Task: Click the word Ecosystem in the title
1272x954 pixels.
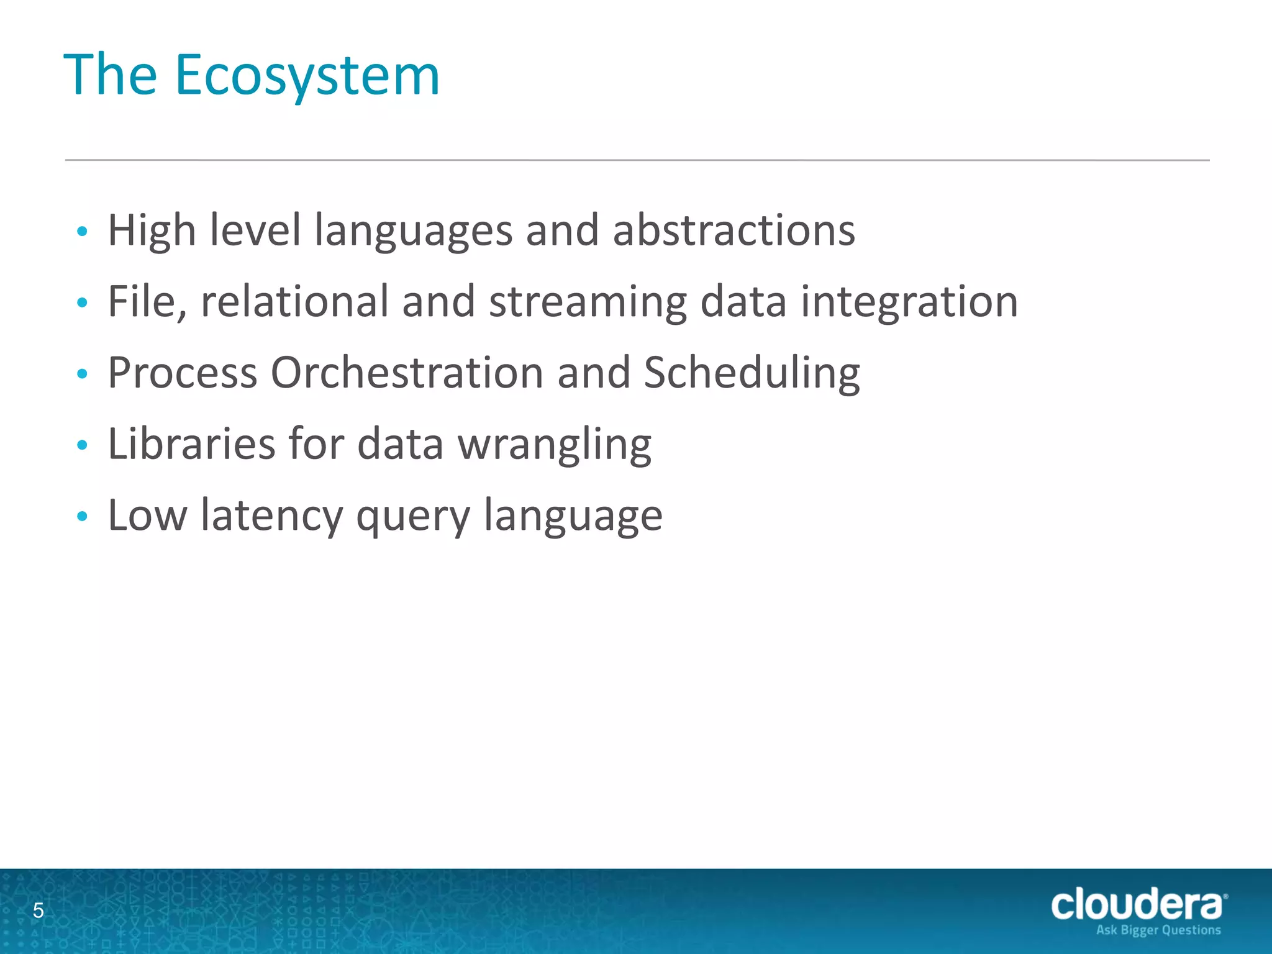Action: coord(307,76)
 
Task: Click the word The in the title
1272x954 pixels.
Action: coord(111,76)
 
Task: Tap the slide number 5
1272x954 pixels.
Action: coord(39,911)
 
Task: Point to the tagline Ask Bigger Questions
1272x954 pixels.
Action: coord(1158,930)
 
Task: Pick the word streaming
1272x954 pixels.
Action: coord(588,302)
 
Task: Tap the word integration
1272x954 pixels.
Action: coord(909,302)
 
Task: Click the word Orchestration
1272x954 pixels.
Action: coord(407,373)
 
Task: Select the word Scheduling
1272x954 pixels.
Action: coord(752,374)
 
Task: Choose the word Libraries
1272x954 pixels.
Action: coord(191,444)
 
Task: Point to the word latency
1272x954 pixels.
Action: coord(271,516)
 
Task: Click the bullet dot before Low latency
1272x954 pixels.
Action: coord(82,516)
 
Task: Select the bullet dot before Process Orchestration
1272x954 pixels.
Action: coord(82,374)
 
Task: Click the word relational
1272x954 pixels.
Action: coord(294,301)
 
